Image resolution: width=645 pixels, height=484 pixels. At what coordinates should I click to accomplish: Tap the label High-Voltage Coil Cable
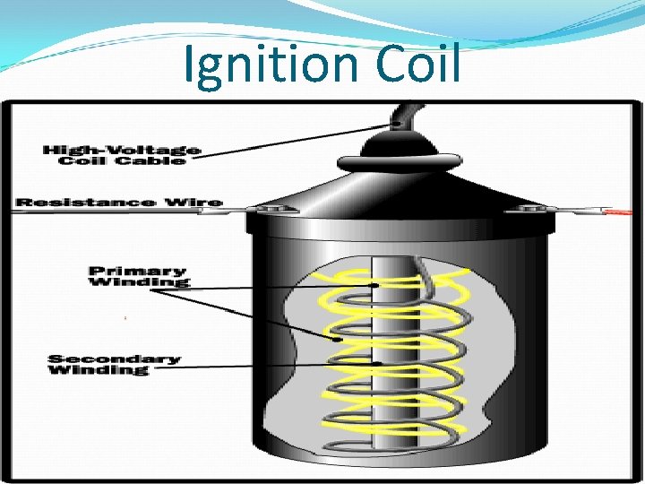tap(122, 155)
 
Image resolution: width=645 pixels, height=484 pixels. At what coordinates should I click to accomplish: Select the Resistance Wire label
tap(119, 202)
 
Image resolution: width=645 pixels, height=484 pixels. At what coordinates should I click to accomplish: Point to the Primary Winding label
tap(138, 276)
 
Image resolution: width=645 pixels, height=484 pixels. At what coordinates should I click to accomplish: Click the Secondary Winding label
tap(114, 365)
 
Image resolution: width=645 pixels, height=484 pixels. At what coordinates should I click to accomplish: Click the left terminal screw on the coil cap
tap(266, 210)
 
